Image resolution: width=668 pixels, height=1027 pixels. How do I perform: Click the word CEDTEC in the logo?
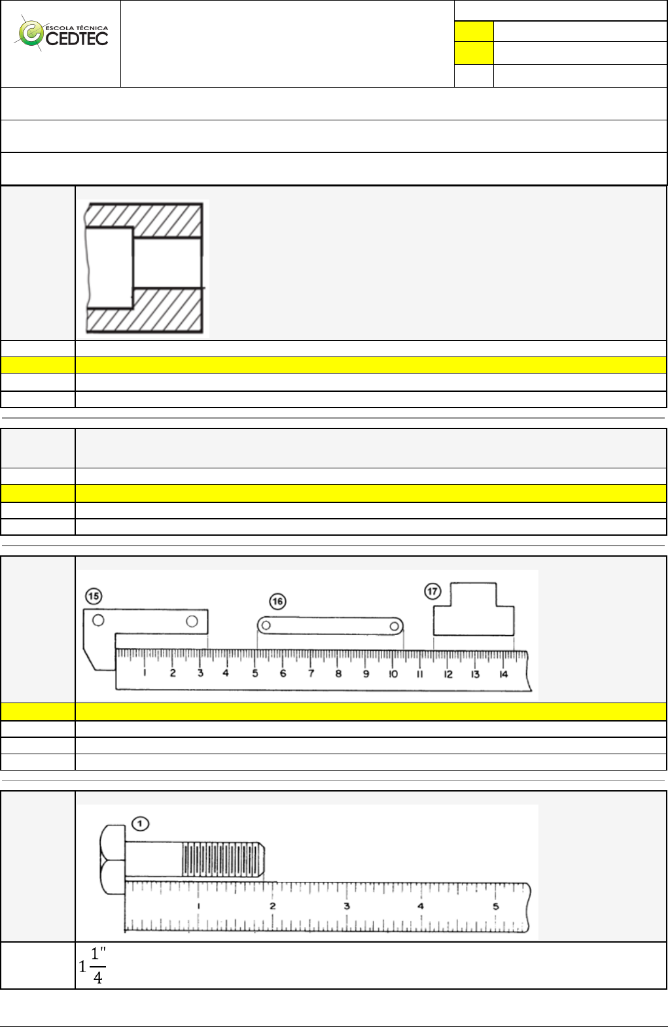point(77,39)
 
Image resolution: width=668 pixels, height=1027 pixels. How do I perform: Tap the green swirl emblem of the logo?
point(30,33)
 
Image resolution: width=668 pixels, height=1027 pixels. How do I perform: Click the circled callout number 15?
point(94,596)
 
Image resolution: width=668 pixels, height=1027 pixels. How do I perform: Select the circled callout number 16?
point(277,601)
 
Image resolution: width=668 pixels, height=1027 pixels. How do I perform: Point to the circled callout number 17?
point(432,591)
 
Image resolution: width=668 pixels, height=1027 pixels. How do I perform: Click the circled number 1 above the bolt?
point(140,824)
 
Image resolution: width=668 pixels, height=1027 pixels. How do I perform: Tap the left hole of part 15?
point(98,620)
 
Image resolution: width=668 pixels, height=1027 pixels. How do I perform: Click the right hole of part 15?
point(192,621)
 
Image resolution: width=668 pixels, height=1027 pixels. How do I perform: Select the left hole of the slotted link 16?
point(266,625)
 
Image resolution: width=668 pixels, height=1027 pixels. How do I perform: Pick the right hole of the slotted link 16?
point(395,626)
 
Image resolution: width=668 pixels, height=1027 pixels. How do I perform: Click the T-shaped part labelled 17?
point(474,615)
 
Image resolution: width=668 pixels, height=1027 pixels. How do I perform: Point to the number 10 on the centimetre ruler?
point(393,674)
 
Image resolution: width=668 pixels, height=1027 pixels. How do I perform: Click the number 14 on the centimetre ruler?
point(503,674)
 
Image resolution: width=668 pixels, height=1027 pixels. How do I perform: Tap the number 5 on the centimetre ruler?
point(255,673)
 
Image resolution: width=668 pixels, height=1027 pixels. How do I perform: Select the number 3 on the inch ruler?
point(347,906)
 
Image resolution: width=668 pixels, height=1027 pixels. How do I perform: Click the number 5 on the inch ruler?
point(496,906)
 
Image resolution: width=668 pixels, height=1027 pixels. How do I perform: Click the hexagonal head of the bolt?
point(112,860)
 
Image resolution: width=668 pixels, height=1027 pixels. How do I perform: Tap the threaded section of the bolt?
point(222,860)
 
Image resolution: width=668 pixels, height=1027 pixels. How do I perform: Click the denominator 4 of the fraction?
point(97,978)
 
